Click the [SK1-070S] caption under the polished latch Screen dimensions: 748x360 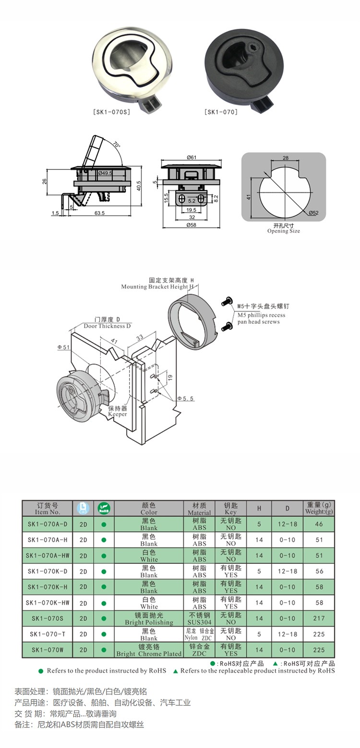[x=111, y=112]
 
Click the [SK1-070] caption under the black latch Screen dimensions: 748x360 [x=221, y=112]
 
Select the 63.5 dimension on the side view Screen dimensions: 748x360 [x=99, y=213]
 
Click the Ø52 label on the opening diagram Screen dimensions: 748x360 [x=313, y=213]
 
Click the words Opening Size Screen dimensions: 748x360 [x=284, y=231]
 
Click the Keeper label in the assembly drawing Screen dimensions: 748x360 [x=117, y=414]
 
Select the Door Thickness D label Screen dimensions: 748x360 [x=107, y=326]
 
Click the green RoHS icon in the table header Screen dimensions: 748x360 [x=104, y=508]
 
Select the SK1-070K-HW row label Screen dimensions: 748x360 [x=48, y=603]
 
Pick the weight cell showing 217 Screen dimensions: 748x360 [x=319, y=618]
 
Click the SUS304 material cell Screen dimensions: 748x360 [x=199, y=622]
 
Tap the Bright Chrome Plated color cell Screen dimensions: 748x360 [x=149, y=653]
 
